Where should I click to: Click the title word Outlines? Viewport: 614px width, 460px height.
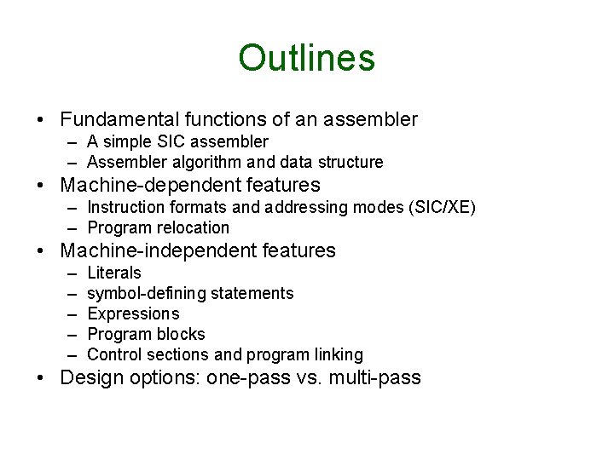click(306, 58)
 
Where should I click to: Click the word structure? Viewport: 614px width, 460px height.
click(350, 162)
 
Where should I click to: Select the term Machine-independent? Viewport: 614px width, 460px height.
click(152, 250)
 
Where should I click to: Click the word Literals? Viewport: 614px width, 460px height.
click(114, 273)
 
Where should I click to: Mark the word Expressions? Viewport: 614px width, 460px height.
click(133, 313)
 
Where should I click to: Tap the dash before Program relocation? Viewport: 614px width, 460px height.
click(74, 227)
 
